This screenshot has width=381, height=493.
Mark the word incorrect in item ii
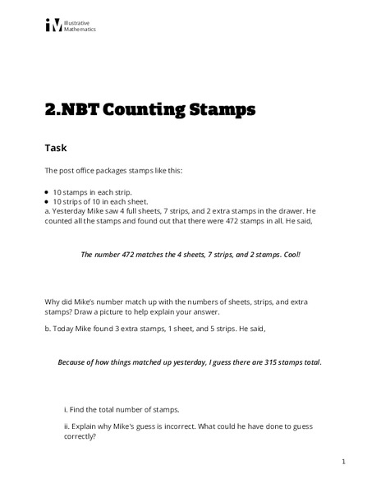(x=191, y=426)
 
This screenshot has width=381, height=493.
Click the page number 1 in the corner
(x=343, y=462)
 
